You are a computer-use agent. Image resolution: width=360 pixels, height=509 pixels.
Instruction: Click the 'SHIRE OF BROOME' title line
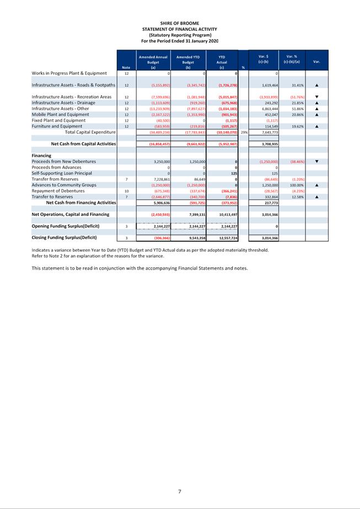coord(180,23)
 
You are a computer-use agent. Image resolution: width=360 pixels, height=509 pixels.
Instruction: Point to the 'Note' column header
coord(126,67)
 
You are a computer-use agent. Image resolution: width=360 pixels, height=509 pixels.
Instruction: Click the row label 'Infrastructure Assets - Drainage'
coord(63,102)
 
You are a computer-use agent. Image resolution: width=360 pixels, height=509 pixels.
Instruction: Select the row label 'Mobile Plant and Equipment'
coord(60,115)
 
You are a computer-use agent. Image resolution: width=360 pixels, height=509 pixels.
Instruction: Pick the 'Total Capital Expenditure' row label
coord(90,132)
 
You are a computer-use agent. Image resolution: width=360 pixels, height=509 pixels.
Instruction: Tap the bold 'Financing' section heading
coord(41,156)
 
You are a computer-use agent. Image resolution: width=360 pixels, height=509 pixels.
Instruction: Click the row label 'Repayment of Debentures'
coord(58,191)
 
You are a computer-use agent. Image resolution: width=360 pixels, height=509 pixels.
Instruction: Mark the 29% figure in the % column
coord(243,132)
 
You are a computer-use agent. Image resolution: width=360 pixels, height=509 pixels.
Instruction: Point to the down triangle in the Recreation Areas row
coord(316,97)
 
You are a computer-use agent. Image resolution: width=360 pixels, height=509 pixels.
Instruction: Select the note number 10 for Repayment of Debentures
coord(126,191)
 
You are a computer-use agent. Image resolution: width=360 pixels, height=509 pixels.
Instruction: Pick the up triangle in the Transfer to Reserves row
coord(316,197)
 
